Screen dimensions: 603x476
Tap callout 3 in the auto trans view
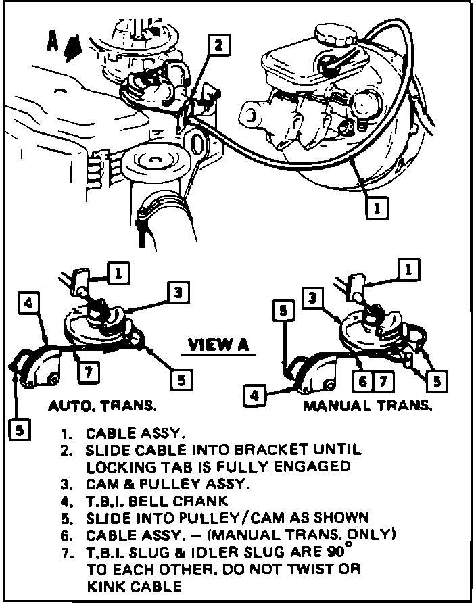pos(176,292)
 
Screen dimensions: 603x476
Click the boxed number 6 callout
pos(364,381)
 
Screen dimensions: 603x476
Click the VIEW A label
pos(218,345)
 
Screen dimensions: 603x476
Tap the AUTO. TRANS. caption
pos(101,406)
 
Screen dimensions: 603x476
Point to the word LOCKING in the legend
pos(119,466)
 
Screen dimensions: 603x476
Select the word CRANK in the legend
pos(204,501)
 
